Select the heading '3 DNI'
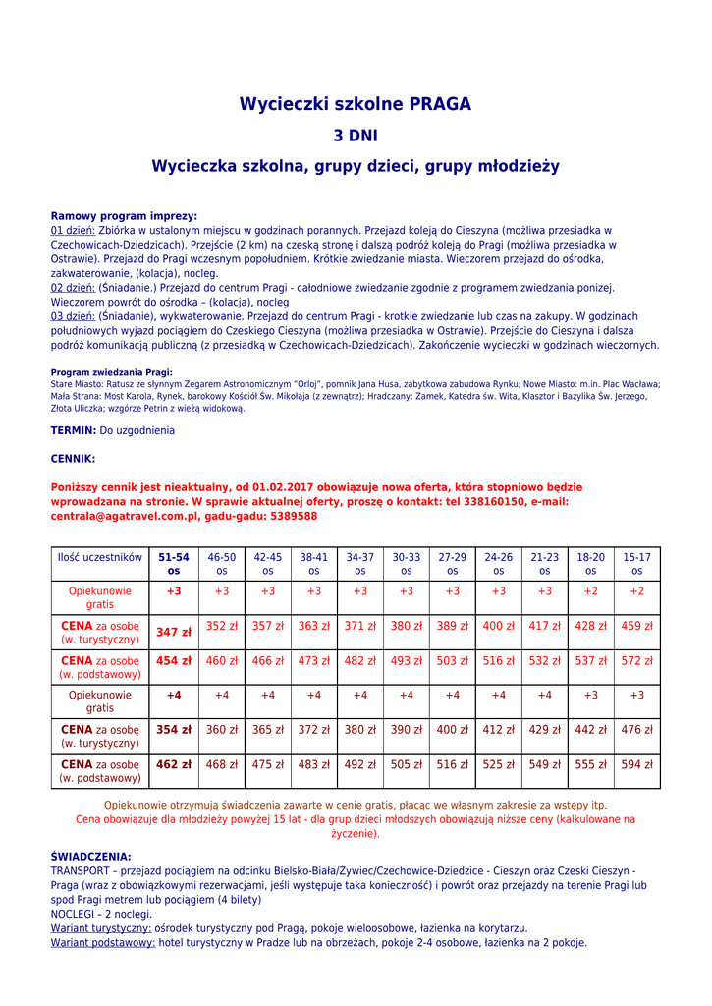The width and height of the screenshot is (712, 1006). (356, 136)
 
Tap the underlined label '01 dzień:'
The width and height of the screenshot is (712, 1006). (73, 231)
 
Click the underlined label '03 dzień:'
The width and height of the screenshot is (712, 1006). (73, 316)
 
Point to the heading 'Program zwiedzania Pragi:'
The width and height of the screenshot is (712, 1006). (111, 372)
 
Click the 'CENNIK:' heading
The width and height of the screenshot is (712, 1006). (73, 458)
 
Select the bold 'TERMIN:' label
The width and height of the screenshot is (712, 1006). (74, 430)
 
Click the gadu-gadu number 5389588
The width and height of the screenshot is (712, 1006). (294, 516)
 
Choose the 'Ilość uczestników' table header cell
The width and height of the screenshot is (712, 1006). (100, 557)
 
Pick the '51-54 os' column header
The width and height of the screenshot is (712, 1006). (174, 563)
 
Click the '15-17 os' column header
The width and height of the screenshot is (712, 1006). (636, 563)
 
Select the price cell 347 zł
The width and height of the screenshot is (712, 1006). (174, 632)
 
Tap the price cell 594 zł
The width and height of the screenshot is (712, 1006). (636, 765)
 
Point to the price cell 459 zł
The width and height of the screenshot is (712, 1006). (636, 626)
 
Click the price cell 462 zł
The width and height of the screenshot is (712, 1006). (174, 764)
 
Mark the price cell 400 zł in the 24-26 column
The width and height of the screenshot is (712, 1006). (498, 626)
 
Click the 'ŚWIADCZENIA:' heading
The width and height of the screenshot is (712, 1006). (90, 857)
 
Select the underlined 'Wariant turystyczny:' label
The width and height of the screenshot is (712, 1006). (101, 928)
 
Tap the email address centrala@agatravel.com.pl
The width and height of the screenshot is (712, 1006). (125, 516)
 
